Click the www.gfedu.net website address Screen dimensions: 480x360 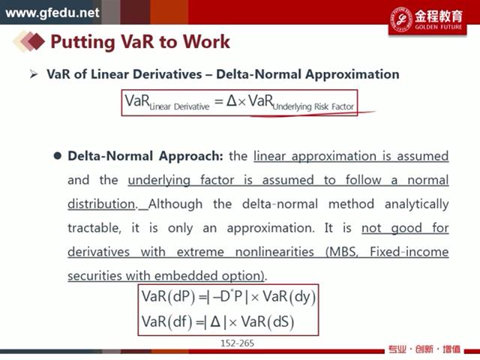coord(52,13)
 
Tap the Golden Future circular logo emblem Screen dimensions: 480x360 coord(401,19)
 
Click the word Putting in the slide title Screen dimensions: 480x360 coord(82,42)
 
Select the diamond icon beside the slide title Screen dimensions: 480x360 coord(29,41)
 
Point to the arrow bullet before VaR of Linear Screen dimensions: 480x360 coord(34,74)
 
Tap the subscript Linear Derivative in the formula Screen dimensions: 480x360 coord(179,106)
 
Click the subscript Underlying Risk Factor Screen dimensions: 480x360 coord(313,106)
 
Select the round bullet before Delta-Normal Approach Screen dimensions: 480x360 coord(57,155)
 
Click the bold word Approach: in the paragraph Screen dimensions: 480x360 coord(191,157)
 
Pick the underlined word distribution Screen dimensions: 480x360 coord(102,204)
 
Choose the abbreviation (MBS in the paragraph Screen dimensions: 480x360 coord(342,252)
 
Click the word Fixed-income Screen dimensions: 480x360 coord(409,252)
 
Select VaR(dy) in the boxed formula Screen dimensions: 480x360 coord(289,297)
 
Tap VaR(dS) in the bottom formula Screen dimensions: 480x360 coord(268,322)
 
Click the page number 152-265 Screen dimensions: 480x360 coord(237,343)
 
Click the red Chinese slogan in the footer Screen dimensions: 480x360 coord(424,349)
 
